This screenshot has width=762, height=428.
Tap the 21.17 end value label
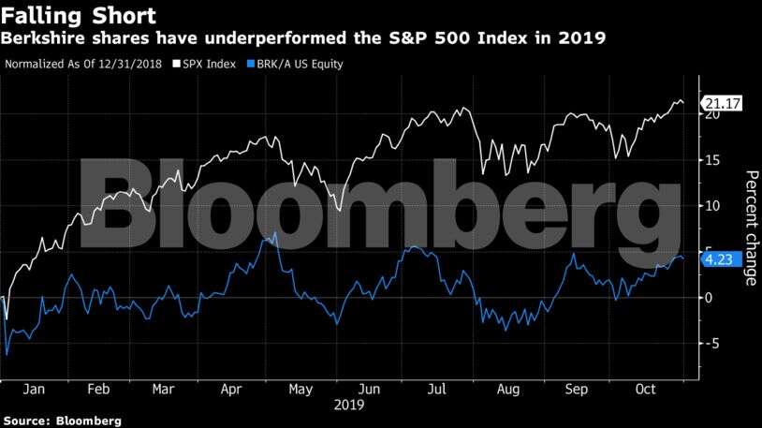[x=722, y=104]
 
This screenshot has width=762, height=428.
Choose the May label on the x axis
[x=300, y=389]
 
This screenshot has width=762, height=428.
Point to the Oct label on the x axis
[x=646, y=389]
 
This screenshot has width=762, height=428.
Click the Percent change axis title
[x=750, y=227]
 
